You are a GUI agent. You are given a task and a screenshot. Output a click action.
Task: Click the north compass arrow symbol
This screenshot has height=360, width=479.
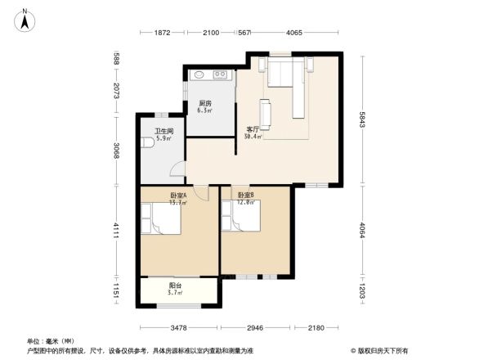pos(26,18)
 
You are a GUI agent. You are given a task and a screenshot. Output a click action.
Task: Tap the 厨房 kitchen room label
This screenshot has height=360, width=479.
pos(205,104)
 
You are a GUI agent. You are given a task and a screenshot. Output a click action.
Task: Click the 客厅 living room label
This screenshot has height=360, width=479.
pos(253,129)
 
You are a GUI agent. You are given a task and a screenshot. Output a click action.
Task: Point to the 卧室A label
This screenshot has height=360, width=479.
pos(178,196)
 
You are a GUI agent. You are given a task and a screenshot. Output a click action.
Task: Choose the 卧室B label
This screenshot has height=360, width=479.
pos(246,196)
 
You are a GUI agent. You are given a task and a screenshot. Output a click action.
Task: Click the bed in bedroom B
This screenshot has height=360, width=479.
pos(240,218)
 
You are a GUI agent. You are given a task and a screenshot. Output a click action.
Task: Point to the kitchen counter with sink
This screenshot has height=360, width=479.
pos(212,76)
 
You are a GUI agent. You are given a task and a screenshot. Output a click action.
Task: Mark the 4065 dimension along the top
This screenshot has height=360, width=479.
pos(294,33)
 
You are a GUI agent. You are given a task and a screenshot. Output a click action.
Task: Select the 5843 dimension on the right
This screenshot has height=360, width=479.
pos(360,120)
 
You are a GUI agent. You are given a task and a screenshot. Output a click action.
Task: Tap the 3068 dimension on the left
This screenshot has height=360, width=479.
pos(117,151)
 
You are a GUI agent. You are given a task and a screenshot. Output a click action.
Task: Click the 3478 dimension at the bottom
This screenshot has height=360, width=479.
pos(179,328)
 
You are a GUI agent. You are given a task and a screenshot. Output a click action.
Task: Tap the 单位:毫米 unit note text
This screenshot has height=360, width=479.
pos(46,340)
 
